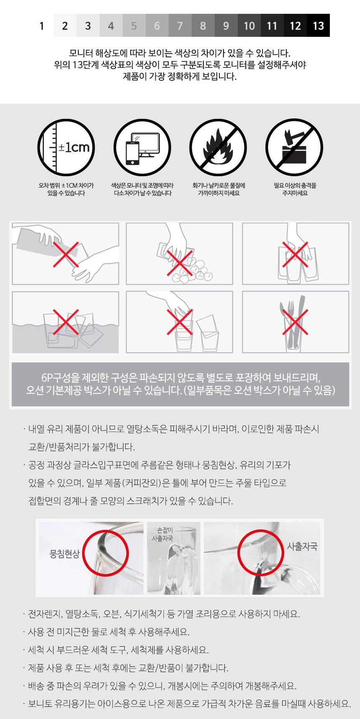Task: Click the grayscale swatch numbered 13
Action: click(318, 26)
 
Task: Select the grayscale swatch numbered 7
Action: click(180, 26)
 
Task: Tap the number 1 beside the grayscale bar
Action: click(41, 26)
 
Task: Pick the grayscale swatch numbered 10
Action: click(249, 26)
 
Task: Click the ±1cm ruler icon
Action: click(66, 147)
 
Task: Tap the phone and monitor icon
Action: click(142, 147)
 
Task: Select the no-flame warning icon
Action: click(218, 147)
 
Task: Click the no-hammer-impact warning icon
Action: click(294, 147)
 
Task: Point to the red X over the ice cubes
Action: click(180, 263)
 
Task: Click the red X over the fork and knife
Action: click(295, 322)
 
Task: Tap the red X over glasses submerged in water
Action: click(66, 322)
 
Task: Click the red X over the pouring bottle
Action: click(66, 254)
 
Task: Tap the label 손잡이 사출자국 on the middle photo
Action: click(162, 534)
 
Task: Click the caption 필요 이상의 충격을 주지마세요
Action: click(295, 189)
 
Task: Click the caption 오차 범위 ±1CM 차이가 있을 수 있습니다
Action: click(66, 189)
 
